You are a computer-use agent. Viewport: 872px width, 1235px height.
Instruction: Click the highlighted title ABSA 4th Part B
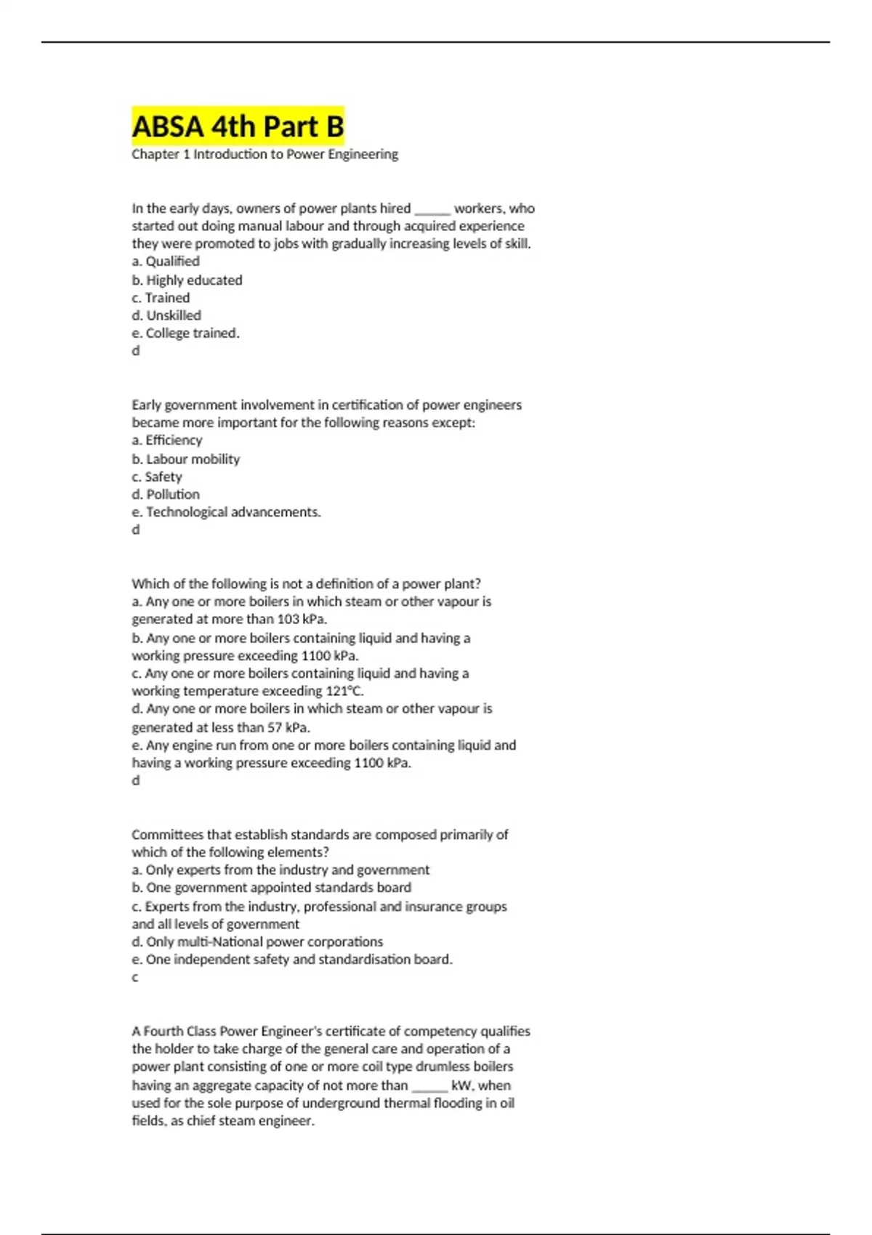pyautogui.click(x=238, y=126)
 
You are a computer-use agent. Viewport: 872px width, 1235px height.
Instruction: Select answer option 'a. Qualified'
pyautogui.click(x=166, y=262)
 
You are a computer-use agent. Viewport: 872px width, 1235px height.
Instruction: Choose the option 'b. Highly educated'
pyautogui.click(x=187, y=280)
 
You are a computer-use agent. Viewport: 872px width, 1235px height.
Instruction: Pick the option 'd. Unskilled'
pyautogui.click(x=166, y=315)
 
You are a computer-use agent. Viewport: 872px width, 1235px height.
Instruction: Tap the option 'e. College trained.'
pyautogui.click(x=185, y=333)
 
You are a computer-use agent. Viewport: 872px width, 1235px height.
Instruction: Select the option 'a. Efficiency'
pyautogui.click(x=167, y=440)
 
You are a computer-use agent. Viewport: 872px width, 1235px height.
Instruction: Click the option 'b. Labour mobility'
pyautogui.click(x=185, y=459)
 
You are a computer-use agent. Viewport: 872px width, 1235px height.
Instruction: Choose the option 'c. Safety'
pyautogui.click(x=157, y=477)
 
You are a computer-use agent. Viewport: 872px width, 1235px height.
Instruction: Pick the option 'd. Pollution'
pyautogui.click(x=166, y=495)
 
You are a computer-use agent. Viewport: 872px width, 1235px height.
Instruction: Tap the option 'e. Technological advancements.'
pyautogui.click(x=226, y=512)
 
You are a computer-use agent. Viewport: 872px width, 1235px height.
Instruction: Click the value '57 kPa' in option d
pyautogui.click(x=288, y=727)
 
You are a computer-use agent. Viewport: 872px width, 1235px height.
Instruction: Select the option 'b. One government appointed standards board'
pyautogui.click(x=271, y=888)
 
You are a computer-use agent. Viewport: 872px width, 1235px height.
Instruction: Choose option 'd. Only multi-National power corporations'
pyautogui.click(x=257, y=942)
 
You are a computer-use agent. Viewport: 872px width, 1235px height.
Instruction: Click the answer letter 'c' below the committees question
pyautogui.click(x=135, y=978)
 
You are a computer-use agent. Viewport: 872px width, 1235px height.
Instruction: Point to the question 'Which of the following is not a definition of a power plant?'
pyautogui.click(x=306, y=584)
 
